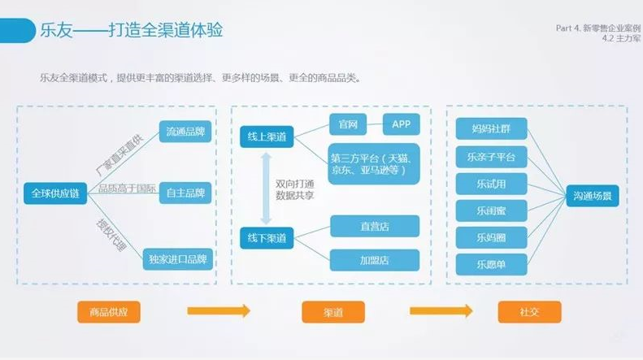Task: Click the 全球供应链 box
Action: (x=56, y=193)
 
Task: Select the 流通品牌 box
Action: (x=185, y=131)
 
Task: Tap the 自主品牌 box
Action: (x=185, y=193)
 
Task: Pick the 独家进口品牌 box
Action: (x=178, y=260)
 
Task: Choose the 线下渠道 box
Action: (x=267, y=238)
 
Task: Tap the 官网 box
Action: (x=349, y=124)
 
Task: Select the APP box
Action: (x=401, y=124)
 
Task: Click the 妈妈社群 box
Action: (x=491, y=129)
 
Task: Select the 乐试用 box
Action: (x=491, y=183)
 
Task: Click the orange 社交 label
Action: (x=528, y=312)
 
